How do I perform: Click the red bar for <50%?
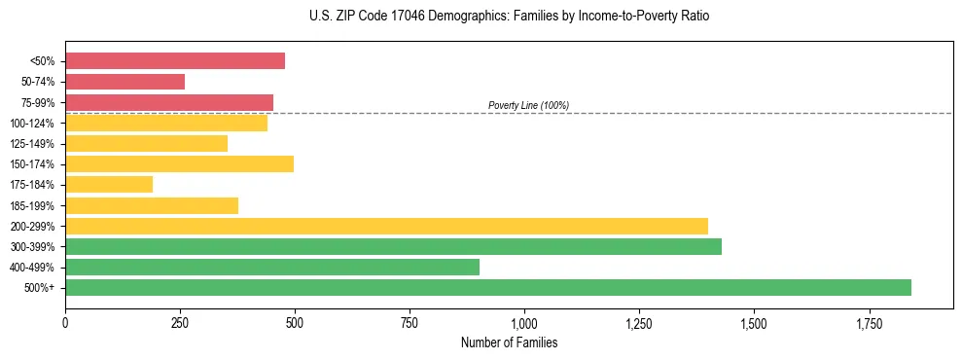(x=175, y=61)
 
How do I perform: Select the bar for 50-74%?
(x=125, y=82)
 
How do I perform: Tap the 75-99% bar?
(x=169, y=102)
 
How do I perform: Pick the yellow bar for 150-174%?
(x=179, y=163)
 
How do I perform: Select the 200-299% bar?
(x=386, y=226)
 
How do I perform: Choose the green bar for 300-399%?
(x=393, y=246)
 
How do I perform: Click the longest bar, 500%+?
(x=488, y=287)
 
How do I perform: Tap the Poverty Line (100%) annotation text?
(x=528, y=105)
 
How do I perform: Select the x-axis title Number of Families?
(x=509, y=343)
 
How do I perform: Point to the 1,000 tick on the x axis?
(x=524, y=322)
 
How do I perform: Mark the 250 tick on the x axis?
(x=180, y=322)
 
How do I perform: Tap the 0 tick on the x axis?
(x=65, y=322)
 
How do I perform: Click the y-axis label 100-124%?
(x=32, y=124)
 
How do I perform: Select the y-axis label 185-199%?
(x=32, y=205)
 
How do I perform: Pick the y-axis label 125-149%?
(x=32, y=144)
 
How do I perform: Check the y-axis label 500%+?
(x=40, y=288)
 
